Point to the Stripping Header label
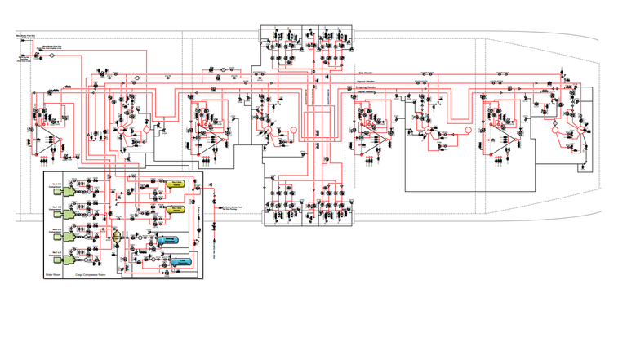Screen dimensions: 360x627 coord(367,87)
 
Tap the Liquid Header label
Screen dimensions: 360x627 coord(366,92)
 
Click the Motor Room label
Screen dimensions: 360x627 coord(54,275)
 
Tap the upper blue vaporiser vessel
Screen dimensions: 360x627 coord(169,240)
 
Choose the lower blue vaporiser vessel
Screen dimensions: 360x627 coord(180,261)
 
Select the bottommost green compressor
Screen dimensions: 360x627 coord(62,258)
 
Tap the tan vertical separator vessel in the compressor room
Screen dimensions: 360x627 coord(118,237)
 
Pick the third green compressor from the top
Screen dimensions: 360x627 coord(62,235)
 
